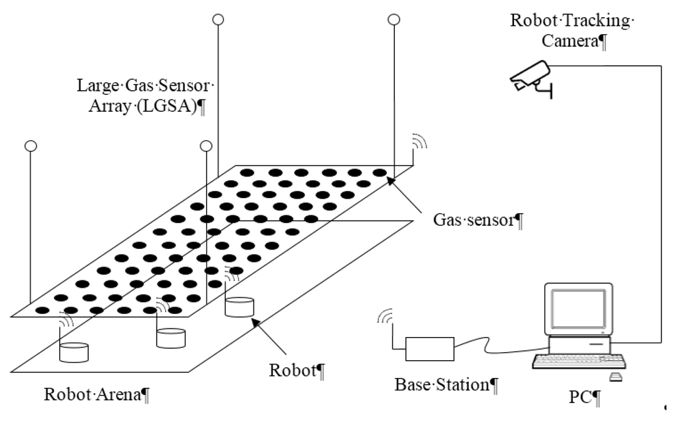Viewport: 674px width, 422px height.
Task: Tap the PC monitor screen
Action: (x=577, y=309)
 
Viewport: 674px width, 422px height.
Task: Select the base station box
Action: (x=429, y=348)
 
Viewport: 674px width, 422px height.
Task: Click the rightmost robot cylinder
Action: (x=239, y=307)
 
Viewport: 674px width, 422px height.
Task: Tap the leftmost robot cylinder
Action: (x=74, y=351)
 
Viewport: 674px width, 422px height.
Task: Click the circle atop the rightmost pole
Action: (x=394, y=19)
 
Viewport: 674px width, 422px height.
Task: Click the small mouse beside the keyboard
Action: (x=615, y=377)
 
